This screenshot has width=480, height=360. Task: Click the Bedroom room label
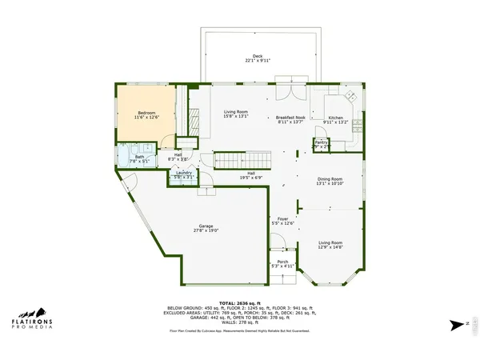click(146, 113)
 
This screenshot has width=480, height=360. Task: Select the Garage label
click(206, 226)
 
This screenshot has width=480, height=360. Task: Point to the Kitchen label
click(335, 117)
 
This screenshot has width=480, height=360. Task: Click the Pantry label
click(321, 142)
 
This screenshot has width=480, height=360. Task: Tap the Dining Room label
click(330, 178)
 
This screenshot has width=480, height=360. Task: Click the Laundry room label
click(182, 172)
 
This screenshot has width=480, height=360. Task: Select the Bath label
click(139, 157)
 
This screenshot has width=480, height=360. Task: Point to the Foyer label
click(282, 218)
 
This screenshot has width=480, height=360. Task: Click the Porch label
click(282, 262)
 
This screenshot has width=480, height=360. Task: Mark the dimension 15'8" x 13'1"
click(235, 117)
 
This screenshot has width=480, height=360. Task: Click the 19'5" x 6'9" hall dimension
click(250, 178)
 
